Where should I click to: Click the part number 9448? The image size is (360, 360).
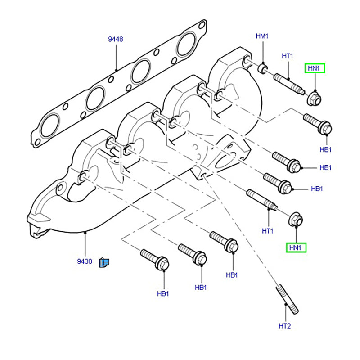click(x=116, y=40)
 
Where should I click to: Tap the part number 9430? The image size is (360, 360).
click(x=85, y=261)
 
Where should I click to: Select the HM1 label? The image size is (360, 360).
click(x=262, y=36)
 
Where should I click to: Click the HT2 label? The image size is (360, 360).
click(x=285, y=325)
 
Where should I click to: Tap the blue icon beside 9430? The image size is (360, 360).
click(x=104, y=262)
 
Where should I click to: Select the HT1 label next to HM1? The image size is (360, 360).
click(x=288, y=56)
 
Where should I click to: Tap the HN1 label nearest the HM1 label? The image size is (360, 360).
click(x=315, y=68)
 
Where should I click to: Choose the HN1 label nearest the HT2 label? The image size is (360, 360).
click(x=297, y=247)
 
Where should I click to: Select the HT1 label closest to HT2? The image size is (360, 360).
click(x=268, y=231)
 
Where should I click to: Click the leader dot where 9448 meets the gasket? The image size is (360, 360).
click(x=116, y=70)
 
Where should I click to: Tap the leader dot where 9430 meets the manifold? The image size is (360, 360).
click(x=85, y=232)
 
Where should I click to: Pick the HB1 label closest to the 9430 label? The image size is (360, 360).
click(x=163, y=293)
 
